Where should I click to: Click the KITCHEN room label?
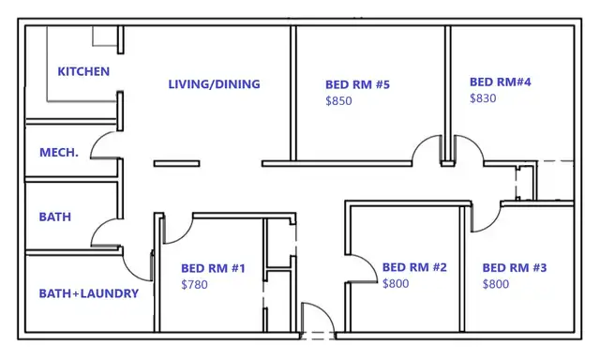point(83,71)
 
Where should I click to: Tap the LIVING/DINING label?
point(215,84)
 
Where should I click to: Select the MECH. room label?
point(59,153)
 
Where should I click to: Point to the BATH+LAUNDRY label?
point(89,293)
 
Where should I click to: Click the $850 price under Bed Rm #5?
point(338,101)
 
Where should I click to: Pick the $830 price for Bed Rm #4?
point(483,98)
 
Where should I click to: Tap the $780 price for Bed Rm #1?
point(194,285)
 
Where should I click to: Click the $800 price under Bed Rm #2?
point(396,283)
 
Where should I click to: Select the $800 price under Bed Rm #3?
point(496,284)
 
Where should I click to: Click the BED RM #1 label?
point(213,268)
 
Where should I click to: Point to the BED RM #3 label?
point(515,268)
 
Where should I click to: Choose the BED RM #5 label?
point(358,84)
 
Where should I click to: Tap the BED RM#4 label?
point(501,82)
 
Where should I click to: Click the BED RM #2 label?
point(414,267)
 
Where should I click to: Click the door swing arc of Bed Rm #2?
point(370,262)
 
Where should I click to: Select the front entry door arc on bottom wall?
point(326,313)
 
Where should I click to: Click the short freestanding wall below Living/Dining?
point(177,164)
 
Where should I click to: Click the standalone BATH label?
point(55,217)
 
